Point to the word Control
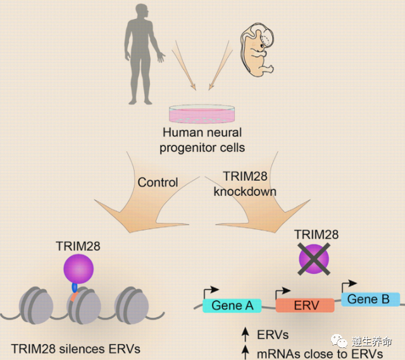pyautogui.click(x=158, y=182)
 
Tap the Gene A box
pyautogui.click(x=232, y=306)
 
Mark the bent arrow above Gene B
pyautogui.click(x=349, y=285)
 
